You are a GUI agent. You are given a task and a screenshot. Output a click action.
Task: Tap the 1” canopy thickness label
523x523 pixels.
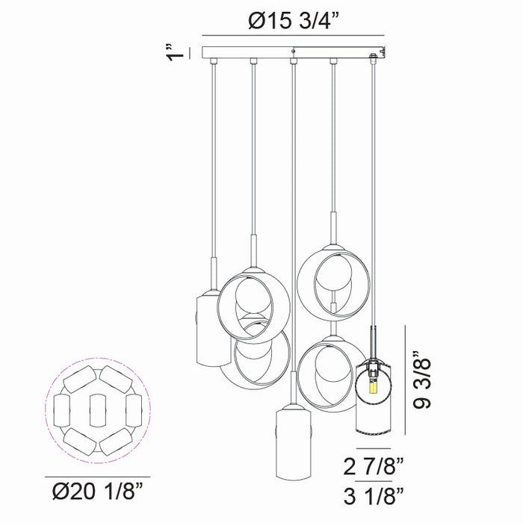(x=176, y=53)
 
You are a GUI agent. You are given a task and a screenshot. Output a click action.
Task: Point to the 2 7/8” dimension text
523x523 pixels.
(x=374, y=466)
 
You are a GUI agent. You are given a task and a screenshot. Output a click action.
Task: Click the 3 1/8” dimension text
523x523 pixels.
(x=374, y=496)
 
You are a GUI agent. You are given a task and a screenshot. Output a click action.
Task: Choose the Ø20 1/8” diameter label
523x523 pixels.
(x=97, y=492)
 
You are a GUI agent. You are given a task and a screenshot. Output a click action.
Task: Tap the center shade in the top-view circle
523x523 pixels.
(x=98, y=410)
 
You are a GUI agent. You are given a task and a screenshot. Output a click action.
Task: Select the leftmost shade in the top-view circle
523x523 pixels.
(x=62, y=410)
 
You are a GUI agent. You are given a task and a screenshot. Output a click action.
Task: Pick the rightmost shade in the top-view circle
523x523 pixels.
(x=134, y=410)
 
